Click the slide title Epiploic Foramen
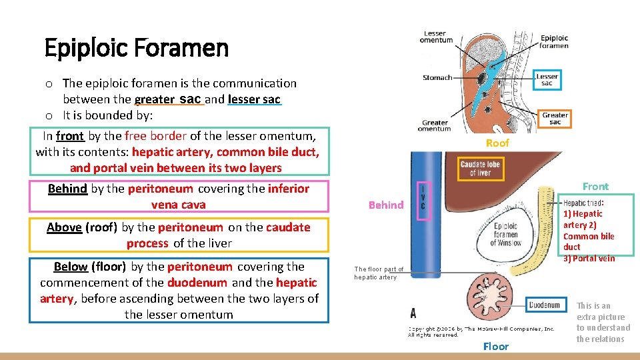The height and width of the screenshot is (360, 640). [136, 48]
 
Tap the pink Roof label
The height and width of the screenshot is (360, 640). [497, 143]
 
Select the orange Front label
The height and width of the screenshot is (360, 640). [595, 187]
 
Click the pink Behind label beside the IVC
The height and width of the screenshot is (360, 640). [386, 205]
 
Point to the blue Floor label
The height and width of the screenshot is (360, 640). [495, 346]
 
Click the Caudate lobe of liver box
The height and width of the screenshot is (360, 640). [480, 167]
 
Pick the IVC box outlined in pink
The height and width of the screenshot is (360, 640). [422, 199]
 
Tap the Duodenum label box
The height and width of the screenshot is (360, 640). [544, 305]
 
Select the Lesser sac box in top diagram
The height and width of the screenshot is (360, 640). [547, 79]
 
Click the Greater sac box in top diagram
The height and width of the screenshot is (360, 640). [555, 119]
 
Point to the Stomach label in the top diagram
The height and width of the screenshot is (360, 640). [437, 78]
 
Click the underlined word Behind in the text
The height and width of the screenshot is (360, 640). [67, 189]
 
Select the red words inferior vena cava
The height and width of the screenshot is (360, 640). [230, 196]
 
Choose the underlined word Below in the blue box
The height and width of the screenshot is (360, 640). [71, 267]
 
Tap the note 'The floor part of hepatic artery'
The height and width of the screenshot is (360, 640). [379, 273]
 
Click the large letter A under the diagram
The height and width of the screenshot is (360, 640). [414, 313]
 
